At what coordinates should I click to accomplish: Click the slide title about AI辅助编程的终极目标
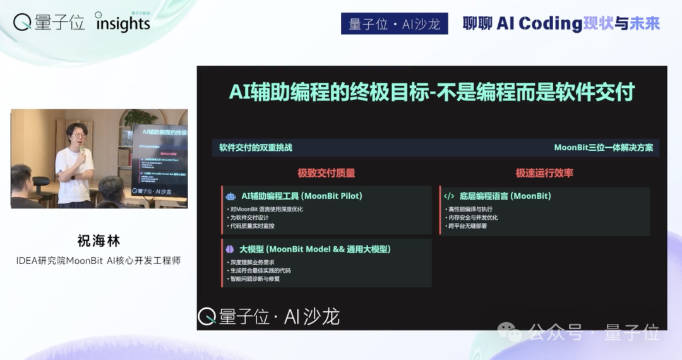431,93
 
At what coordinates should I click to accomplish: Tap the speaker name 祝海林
99,241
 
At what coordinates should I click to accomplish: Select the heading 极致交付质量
326,172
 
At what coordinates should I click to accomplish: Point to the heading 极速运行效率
544,172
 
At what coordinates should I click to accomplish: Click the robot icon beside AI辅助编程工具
230,196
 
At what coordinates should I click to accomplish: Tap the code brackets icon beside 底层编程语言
449,196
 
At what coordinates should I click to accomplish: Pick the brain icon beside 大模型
230,249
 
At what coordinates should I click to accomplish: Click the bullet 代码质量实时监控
251,226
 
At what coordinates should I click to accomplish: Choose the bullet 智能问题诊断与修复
254,279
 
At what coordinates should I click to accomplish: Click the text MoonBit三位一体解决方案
603,148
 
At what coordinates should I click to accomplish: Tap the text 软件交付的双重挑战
256,148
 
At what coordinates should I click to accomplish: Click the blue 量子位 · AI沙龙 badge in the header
394,24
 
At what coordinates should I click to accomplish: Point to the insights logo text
123,24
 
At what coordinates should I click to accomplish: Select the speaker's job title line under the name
99,261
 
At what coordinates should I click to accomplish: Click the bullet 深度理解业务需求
251,262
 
